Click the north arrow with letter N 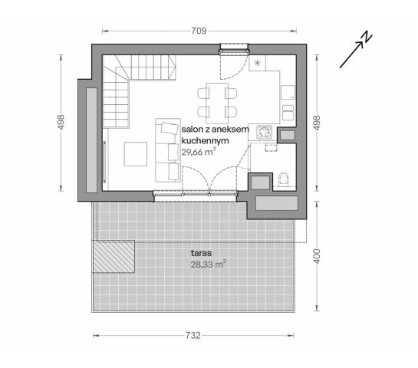[x=357, y=48]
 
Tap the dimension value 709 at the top [x=199, y=32]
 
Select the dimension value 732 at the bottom [x=193, y=335]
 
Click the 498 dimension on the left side [x=61, y=122]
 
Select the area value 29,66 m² [x=198, y=152]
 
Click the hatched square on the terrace [x=113, y=255]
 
